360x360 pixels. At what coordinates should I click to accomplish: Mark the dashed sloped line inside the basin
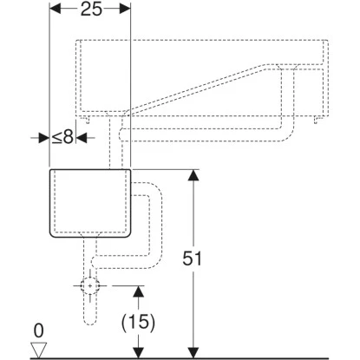click(x=208, y=86)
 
